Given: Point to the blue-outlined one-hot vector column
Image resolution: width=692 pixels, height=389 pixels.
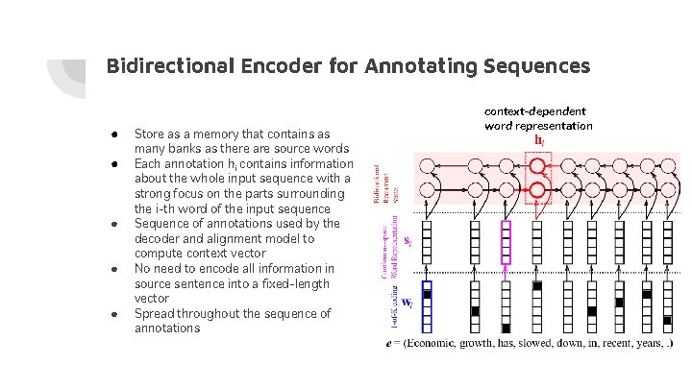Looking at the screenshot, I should click(428, 306).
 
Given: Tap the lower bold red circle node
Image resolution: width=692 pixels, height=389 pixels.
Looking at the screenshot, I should click(536, 184).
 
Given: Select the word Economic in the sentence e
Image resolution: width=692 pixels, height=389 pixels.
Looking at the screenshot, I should click(441, 343).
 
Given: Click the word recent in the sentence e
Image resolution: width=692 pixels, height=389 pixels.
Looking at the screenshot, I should click(607, 343).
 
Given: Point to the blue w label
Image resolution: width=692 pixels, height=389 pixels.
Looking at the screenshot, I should click(408, 303).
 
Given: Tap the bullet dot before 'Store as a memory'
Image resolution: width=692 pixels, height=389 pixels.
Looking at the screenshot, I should click(113, 134).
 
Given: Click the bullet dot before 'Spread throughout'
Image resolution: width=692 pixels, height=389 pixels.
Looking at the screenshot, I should click(113, 314).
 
